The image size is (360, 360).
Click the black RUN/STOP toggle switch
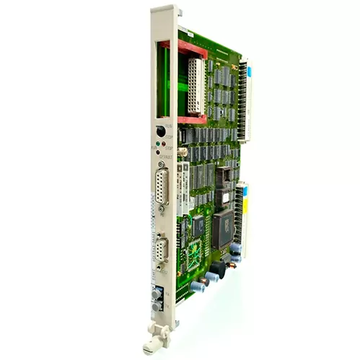(x=160, y=131)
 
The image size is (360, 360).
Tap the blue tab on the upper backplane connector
(x=250, y=71)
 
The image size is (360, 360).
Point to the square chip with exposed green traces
(x=193, y=255)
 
